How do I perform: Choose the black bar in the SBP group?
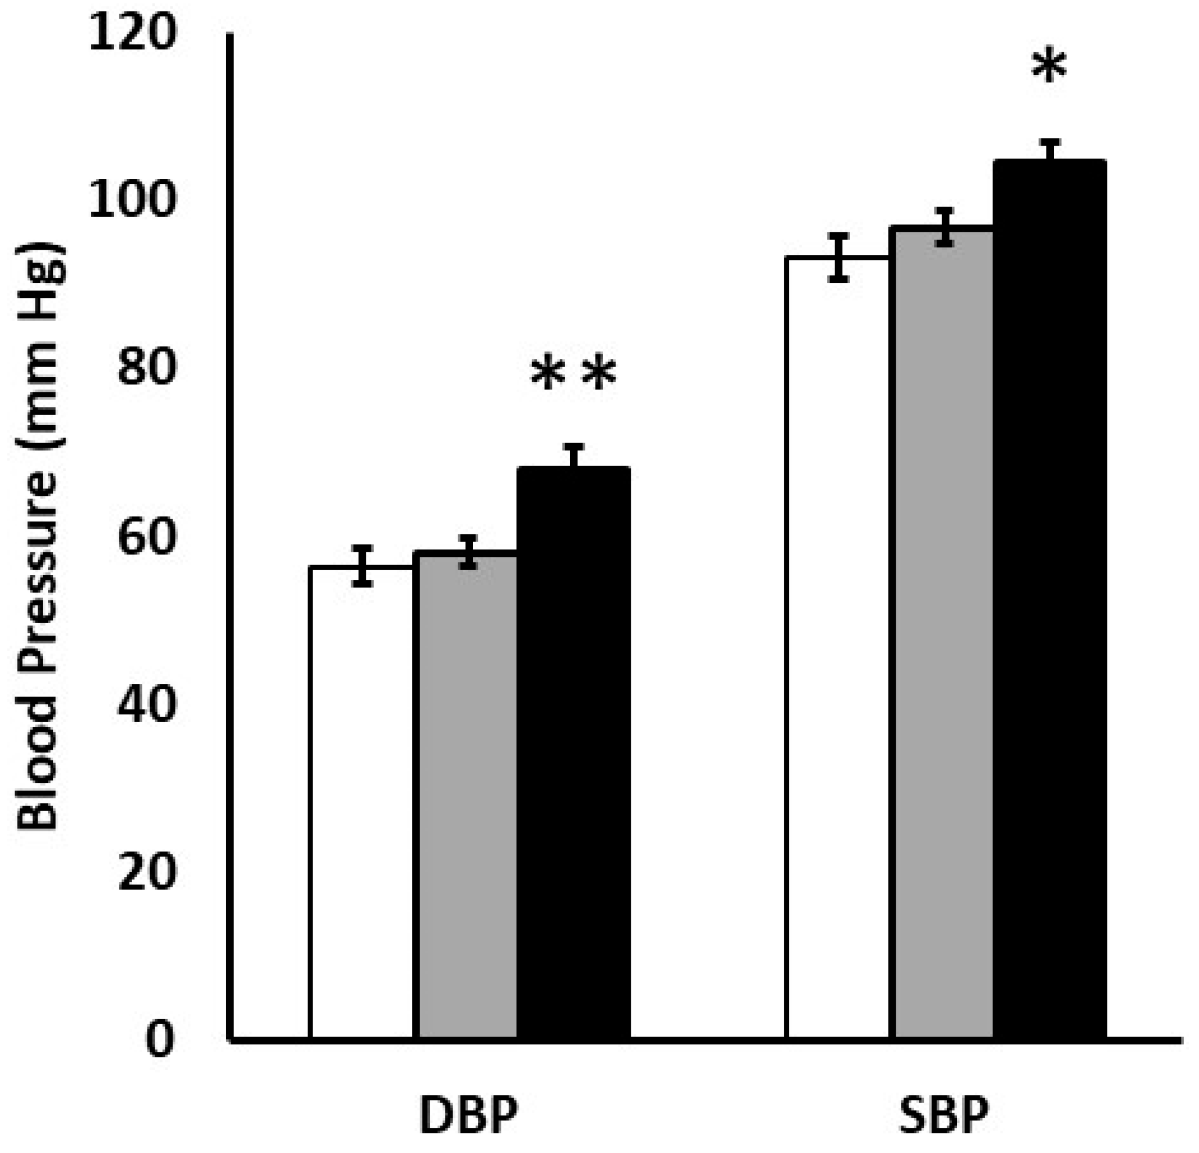click(x=1050, y=600)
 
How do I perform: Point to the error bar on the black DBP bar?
click(x=574, y=457)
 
